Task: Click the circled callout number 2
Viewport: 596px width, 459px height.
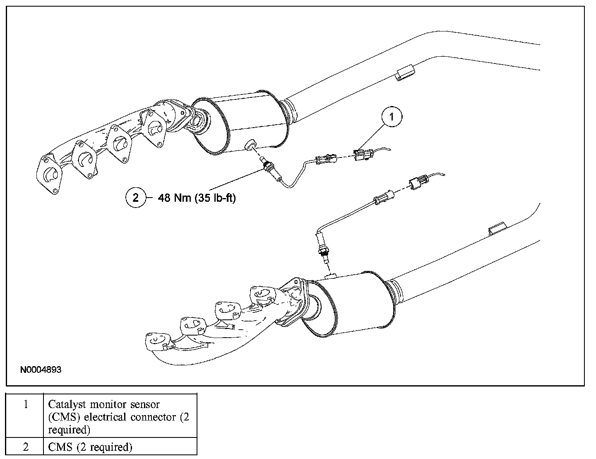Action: tap(136, 198)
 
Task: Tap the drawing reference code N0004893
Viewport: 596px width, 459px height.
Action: tap(41, 370)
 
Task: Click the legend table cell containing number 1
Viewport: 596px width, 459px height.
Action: tap(26, 404)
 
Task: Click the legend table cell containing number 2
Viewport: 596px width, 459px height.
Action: tap(26, 447)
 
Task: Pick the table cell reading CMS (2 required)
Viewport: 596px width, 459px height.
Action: tap(90, 447)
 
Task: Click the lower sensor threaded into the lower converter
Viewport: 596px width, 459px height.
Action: tap(321, 249)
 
